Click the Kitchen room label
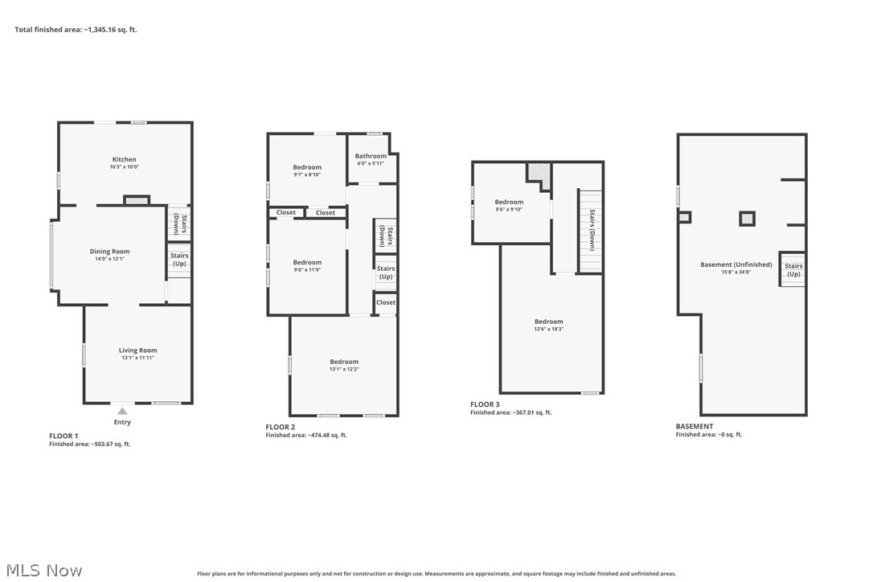124,159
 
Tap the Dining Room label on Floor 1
109,252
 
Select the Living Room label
137,350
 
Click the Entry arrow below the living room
122,410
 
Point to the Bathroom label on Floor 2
371,156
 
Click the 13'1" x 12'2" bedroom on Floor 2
343,362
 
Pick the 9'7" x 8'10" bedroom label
307,167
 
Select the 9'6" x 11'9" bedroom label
307,263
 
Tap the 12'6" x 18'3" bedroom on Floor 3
549,322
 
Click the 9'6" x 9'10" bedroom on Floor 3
509,203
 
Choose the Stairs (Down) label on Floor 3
592,229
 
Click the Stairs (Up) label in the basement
793,269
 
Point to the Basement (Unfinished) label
736,264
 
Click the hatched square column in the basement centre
748,218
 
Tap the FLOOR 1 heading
65,435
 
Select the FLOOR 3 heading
485,404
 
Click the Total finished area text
76,30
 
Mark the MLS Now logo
42,570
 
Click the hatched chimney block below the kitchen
137,200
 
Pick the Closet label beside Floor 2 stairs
386,302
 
